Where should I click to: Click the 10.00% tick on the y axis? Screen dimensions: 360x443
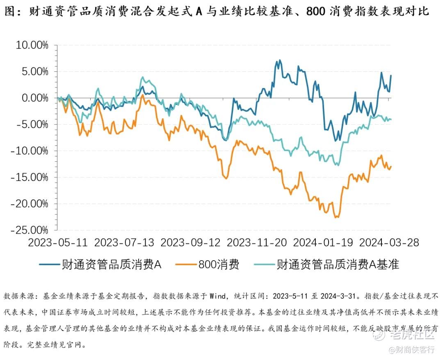tap(32, 45)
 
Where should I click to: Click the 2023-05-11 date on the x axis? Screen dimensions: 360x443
tap(58, 243)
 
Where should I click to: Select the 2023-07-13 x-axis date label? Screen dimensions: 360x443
tap(124, 243)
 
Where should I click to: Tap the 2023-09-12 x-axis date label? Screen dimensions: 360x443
tap(191, 243)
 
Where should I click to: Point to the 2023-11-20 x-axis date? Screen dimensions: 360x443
tap(257, 243)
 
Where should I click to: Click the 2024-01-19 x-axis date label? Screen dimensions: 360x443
tap(323, 243)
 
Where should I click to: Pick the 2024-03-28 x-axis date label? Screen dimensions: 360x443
tap(389, 243)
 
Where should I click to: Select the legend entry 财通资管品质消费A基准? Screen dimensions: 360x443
tap(338, 264)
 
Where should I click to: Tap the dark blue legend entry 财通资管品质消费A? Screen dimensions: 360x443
tap(111, 264)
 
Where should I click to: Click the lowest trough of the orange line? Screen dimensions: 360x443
tap(337, 218)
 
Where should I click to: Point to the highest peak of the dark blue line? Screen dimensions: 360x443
tap(280, 60)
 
